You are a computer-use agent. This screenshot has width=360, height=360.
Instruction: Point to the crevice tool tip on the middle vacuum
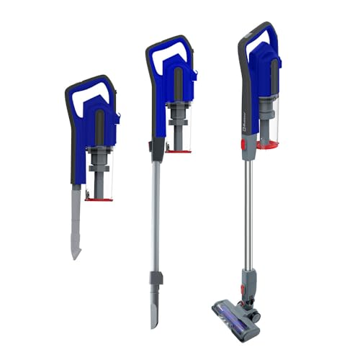155,317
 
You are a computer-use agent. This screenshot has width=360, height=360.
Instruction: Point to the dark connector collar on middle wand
154,277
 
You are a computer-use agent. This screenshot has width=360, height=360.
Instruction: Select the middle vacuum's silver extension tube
155,216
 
